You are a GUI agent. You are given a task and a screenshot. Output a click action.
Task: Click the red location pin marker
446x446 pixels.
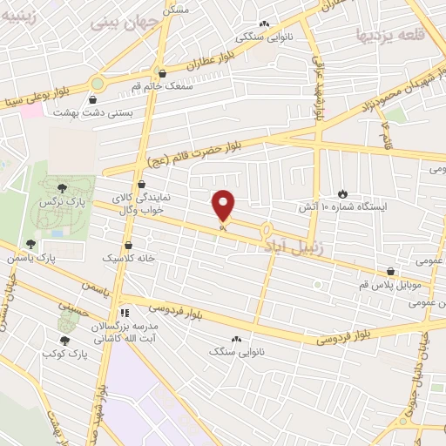click(x=224, y=206)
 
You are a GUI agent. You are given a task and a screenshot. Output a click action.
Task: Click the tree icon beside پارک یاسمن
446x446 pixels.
click(x=31, y=245)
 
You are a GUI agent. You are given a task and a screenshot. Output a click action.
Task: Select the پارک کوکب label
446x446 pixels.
click(x=65, y=355)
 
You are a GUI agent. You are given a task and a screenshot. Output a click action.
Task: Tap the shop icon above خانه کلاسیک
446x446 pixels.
click(x=129, y=246)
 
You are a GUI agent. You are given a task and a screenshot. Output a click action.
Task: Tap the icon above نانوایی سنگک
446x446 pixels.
click(x=236, y=338)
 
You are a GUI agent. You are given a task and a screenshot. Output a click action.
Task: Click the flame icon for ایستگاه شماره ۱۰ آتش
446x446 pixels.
click(x=342, y=194)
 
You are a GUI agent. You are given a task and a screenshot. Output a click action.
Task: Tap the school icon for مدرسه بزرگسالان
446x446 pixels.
click(x=125, y=311)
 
